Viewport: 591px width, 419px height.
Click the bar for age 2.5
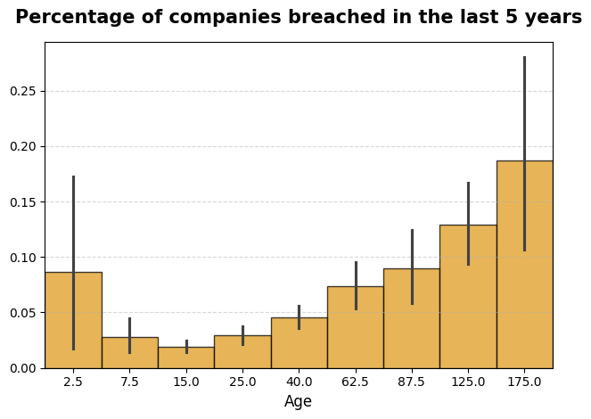tap(73, 320)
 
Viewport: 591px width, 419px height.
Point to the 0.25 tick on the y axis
tap(24, 91)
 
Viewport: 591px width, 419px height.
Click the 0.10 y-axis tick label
tap(24, 258)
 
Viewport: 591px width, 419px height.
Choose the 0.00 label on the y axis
tap(24, 368)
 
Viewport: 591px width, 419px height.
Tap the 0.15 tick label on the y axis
tap(24, 202)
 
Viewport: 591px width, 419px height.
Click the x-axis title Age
tap(299, 402)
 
